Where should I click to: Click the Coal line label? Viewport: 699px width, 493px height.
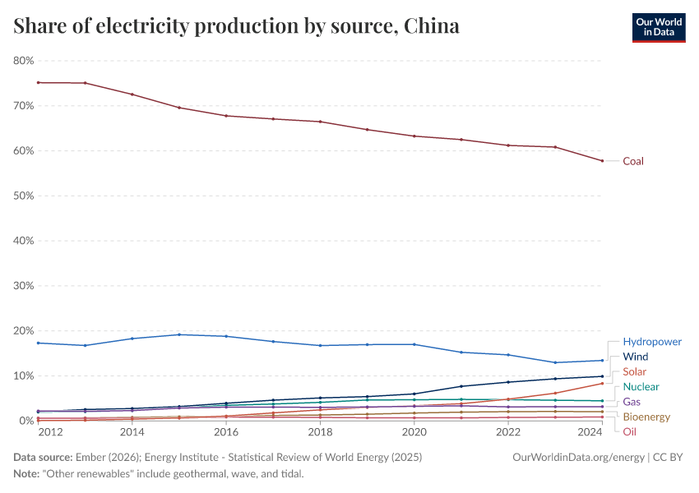coord(632,161)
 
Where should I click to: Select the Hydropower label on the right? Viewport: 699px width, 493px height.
coord(651,342)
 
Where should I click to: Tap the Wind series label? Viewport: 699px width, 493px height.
coord(636,357)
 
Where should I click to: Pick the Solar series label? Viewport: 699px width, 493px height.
coord(634,372)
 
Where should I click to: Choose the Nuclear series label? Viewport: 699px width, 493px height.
coord(641,387)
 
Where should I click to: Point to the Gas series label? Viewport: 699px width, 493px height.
coord(632,402)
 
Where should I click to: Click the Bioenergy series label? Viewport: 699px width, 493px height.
coord(646,417)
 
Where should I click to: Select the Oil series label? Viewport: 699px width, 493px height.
coord(629,431)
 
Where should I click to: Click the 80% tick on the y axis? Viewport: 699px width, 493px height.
coord(23,61)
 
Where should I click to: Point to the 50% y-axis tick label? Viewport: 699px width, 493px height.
coord(23,196)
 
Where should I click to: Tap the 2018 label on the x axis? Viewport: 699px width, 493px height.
coord(320,432)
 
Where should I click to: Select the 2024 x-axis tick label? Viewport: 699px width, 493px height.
coord(590,432)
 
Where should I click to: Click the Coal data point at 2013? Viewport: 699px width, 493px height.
coord(85,83)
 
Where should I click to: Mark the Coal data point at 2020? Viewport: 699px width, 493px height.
coord(414,136)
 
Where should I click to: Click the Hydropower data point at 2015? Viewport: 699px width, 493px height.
coord(179,334)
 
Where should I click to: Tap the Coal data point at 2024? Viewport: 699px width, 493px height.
coord(602,161)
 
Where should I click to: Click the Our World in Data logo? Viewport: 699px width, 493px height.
coord(658,26)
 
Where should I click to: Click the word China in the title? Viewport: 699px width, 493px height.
coord(432,27)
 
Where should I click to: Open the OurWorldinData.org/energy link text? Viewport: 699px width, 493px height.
coord(579,457)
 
